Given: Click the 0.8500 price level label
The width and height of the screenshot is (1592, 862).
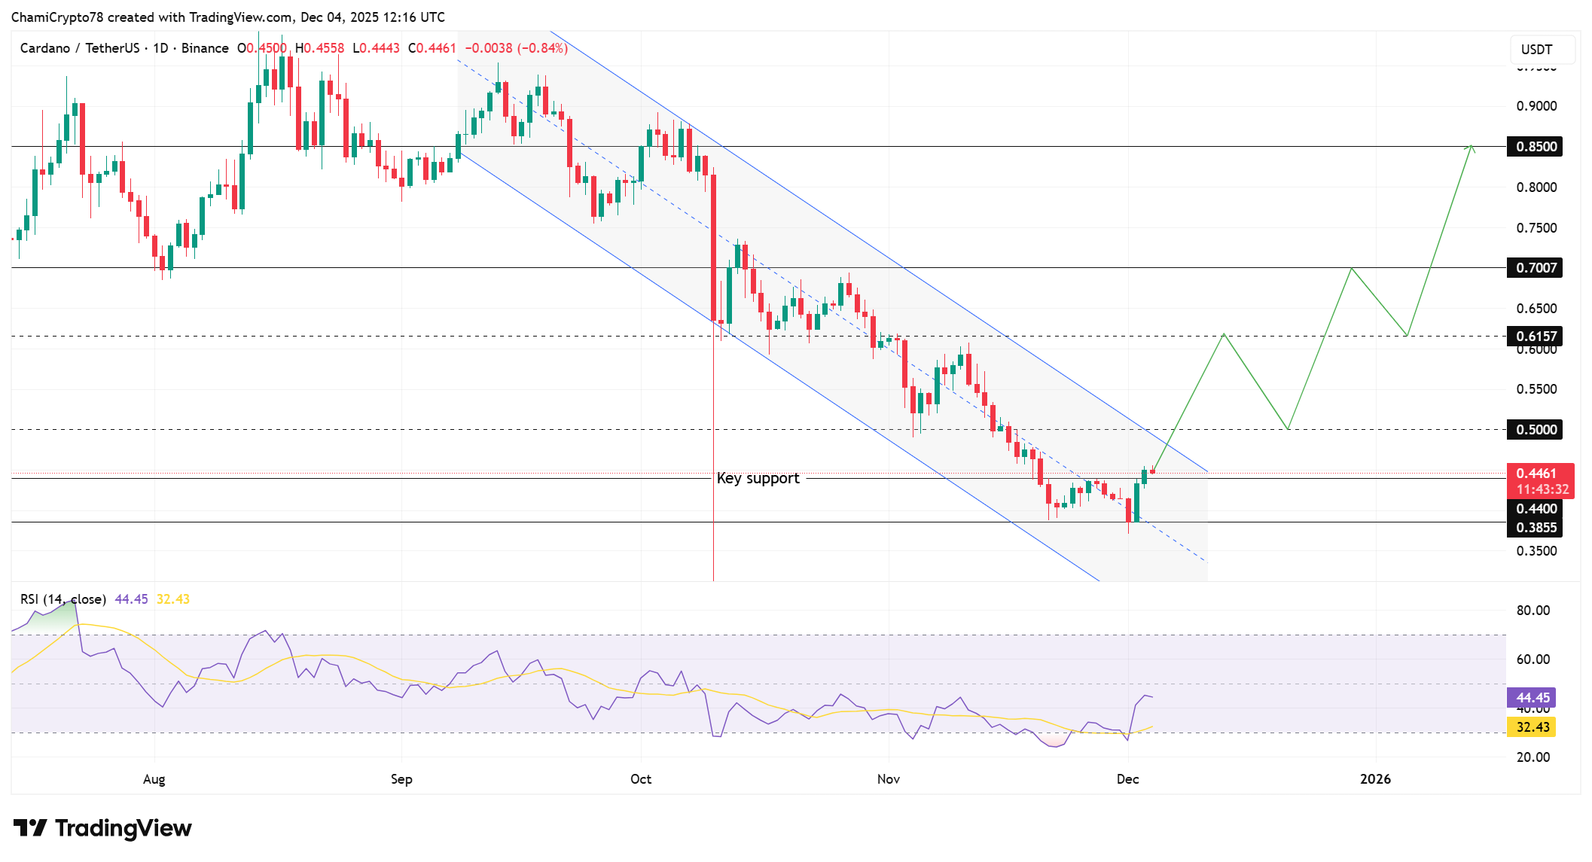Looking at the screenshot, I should pyautogui.click(x=1535, y=147).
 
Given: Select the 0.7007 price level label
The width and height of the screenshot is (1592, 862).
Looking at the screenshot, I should pyautogui.click(x=1535, y=268).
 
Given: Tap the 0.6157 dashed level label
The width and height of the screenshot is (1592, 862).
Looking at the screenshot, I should pyautogui.click(x=1535, y=336).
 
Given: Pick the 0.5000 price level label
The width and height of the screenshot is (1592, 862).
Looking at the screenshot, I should pyautogui.click(x=1535, y=430).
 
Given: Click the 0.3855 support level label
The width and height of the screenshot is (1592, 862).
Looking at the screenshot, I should pyautogui.click(x=1535, y=528).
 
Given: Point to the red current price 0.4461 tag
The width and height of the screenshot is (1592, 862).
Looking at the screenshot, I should pyautogui.click(x=1539, y=474).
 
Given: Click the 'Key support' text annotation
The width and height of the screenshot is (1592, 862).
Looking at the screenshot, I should pyautogui.click(x=758, y=479).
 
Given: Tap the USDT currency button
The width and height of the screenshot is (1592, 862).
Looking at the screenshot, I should pyautogui.click(x=1536, y=50).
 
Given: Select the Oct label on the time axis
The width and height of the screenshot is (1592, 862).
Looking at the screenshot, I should pyautogui.click(x=641, y=779).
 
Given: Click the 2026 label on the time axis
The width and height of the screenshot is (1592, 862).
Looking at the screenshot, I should pyautogui.click(x=1375, y=779).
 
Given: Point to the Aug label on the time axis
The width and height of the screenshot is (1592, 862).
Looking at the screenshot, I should pyautogui.click(x=154, y=779).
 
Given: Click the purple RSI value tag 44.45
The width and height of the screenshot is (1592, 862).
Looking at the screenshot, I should pyautogui.click(x=1532, y=698).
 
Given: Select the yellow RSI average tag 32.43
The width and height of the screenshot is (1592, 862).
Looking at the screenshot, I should pyautogui.click(x=1532, y=727).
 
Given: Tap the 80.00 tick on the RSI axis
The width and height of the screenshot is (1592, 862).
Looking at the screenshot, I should pyautogui.click(x=1533, y=611).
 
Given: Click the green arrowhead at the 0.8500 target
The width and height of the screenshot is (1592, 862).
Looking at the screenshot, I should pyautogui.click(x=1471, y=148).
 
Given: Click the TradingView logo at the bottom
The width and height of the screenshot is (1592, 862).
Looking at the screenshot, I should pyautogui.click(x=102, y=828).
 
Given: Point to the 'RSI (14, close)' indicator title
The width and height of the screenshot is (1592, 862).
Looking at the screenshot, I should pyautogui.click(x=63, y=599).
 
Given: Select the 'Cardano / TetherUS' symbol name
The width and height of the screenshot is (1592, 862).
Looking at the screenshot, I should pyautogui.click(x=79, y=48).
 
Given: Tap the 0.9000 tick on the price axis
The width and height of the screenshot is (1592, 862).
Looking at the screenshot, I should pyautogui.click(x=1536, y=106).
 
